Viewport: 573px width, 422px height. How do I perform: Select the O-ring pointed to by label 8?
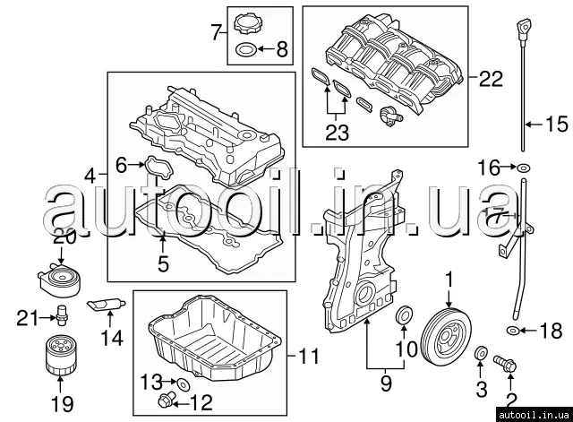[x=245, y=49]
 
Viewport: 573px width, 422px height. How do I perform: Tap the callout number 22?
[x=491, y=78]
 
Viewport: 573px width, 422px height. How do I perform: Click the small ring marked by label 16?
[x=523, y=168]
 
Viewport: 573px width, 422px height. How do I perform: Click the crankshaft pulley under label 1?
[x=446, y=336]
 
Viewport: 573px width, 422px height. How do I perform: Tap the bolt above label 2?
[x=505, y=362]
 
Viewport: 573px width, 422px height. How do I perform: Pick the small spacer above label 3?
[x=481, y=353]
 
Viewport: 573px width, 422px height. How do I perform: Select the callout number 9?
[x=386, y=383]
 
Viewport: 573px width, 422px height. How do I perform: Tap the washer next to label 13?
[x=183, y=384]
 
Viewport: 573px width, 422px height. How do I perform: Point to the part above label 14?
[x=107, y=305]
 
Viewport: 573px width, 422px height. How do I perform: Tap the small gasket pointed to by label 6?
[x=159, y=168]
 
